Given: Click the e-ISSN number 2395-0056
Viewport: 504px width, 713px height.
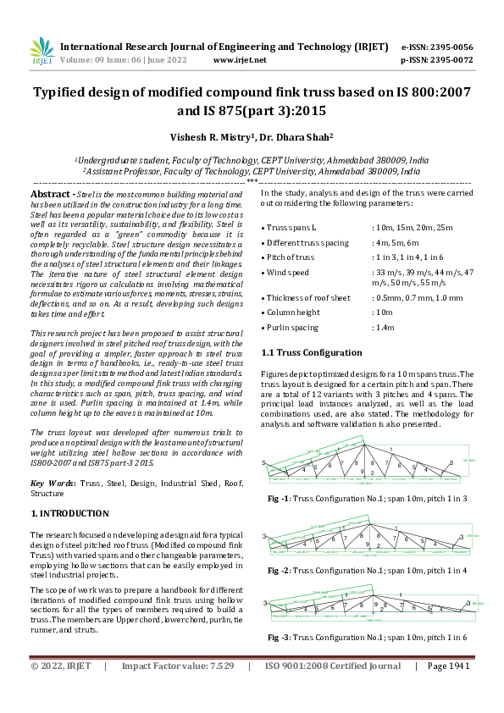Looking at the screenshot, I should pyautogui.click(x=449, y=47).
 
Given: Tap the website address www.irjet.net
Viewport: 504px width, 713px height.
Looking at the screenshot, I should pyautogui.click(x=240, y=60).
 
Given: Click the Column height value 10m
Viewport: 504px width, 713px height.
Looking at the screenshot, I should pyautogui.click(x=385, y=312).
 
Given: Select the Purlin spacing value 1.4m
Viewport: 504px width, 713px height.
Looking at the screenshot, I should pyautogui.click(x=387, y=326).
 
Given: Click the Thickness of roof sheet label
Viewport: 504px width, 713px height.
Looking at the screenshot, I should pyautogui.click(x=308, y=297).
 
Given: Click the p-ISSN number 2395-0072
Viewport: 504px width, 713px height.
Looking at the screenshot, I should pyautogui.click(x=449, y=60).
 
